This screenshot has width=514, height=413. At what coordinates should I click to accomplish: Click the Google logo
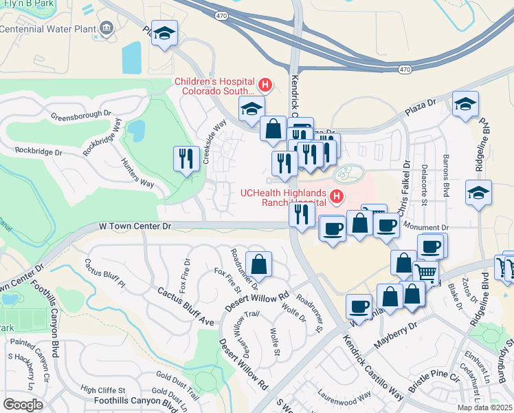[23, 405]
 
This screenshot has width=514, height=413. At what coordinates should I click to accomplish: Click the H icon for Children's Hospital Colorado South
[265, 85]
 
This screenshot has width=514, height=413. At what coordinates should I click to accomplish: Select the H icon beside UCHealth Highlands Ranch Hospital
[336, 198]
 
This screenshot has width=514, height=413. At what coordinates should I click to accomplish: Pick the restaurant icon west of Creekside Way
[185, 159]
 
